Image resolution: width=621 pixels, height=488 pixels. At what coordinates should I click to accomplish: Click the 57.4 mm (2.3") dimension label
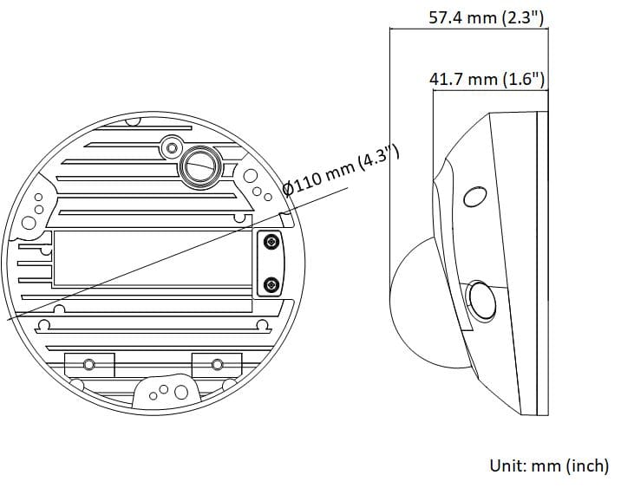487,18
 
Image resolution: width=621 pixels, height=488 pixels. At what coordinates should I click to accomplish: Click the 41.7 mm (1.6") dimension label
487,79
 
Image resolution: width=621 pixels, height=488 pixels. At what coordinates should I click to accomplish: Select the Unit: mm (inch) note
549,465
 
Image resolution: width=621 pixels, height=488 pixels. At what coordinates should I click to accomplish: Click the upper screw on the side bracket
271,241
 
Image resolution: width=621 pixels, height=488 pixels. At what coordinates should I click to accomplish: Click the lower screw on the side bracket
271,283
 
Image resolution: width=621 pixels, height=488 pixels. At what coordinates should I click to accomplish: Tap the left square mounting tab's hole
89,364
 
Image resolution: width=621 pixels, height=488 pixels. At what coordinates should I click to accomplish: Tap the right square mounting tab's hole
217,364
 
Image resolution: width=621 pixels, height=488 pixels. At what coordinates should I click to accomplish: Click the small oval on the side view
475,197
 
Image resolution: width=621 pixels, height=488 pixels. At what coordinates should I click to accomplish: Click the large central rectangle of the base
152,258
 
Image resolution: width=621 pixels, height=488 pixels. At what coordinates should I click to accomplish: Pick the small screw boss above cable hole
171,147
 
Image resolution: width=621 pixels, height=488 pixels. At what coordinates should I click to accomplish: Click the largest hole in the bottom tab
181,392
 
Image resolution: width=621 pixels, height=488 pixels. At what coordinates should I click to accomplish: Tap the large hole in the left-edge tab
29,223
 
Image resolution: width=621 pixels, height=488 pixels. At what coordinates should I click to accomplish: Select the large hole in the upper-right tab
250,176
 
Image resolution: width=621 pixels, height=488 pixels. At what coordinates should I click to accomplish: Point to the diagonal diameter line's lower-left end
8,319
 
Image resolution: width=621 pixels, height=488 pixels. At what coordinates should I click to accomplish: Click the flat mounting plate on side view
543,264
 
